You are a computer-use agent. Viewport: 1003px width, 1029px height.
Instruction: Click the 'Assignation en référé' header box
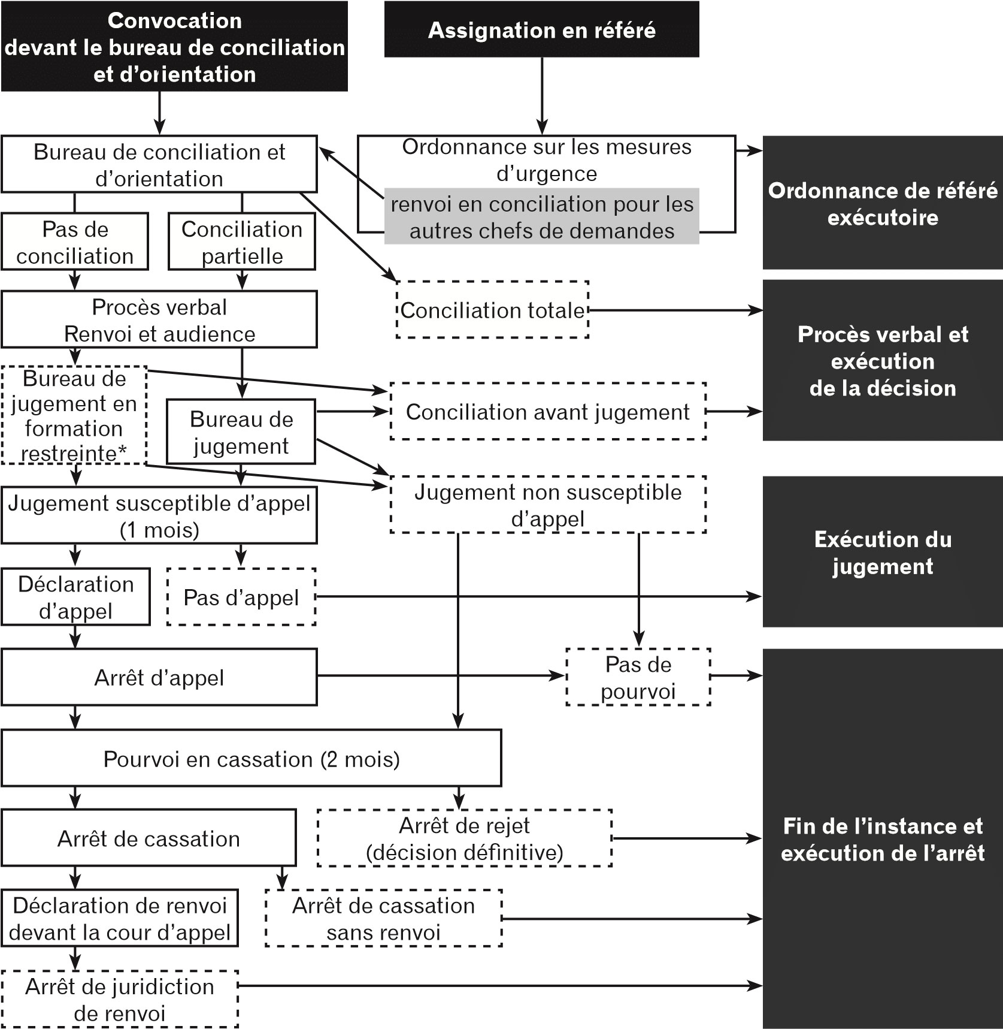click(541, 30)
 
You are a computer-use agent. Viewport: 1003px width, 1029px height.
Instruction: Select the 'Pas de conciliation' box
click(75, 242)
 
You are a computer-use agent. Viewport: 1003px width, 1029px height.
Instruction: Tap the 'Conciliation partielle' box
click(242, 242)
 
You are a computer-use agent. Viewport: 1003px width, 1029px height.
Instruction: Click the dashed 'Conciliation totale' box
click(492, 310)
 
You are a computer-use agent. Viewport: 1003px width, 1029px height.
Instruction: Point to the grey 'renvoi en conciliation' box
click(541, 217)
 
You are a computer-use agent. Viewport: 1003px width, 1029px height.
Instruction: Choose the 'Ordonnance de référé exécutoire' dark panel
click(882, 203)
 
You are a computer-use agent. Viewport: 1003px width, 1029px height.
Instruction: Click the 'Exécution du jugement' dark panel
click(882, 552)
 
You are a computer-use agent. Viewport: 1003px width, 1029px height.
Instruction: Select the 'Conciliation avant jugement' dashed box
click(547, 412)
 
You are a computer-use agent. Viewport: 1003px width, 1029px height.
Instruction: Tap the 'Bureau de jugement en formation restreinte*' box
click(74, 415)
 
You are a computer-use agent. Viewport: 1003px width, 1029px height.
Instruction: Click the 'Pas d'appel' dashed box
click(241, 597)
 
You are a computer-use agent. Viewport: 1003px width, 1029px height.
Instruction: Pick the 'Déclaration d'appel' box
click(75, 597)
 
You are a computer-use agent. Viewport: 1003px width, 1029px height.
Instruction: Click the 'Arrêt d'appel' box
click(159, 677)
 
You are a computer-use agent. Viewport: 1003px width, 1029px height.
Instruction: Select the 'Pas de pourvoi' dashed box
click(638, 677)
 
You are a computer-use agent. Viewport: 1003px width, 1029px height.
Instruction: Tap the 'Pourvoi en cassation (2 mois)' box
click(251, 759)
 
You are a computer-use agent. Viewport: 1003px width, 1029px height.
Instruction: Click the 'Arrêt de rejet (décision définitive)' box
click(464, 838)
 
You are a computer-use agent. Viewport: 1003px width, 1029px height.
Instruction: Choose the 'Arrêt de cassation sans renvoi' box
click(383, 918)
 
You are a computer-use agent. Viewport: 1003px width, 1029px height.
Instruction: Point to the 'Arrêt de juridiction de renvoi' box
click(119, 999)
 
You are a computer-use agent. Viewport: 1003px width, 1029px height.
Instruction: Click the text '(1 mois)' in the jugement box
click(159, 530)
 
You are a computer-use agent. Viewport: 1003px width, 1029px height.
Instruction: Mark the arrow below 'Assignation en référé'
click(542, 96)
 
